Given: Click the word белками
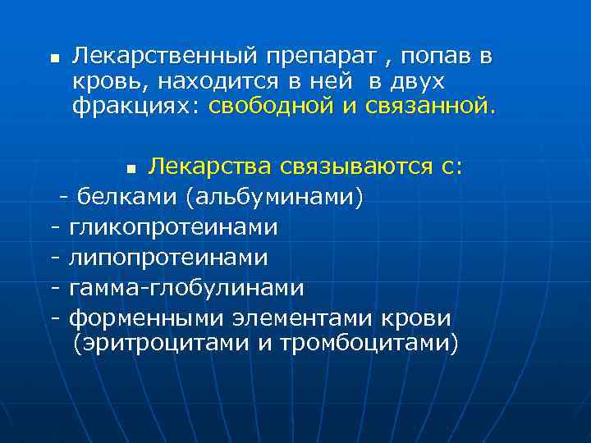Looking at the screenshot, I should point(125,198).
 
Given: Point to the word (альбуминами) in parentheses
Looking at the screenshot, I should point(273,198).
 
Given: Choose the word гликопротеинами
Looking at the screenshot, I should point(173,226).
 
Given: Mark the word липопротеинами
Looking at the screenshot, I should point(168,258).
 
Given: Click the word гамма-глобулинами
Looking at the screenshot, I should point(186,288).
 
